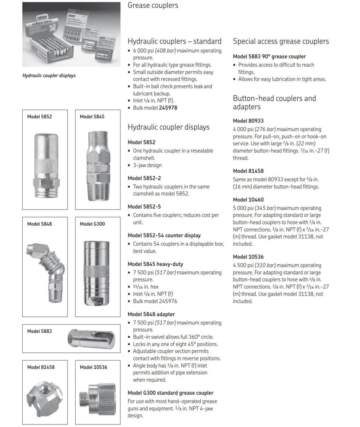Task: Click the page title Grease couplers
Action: [x=153, y=6]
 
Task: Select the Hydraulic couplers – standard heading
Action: [x=174, y=41]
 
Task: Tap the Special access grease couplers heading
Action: [x=281, y=41]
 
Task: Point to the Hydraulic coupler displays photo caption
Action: [x=49, y=76]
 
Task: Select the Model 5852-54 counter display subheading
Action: [x=164, y=235]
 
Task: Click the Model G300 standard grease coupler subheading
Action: [x=170, y=393]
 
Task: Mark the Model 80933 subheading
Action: [x=248, y=121]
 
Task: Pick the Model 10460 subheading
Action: [x=248, y=200]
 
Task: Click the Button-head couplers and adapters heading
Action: [x=274, y=102]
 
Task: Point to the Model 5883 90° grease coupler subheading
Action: [x=269, y=56]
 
